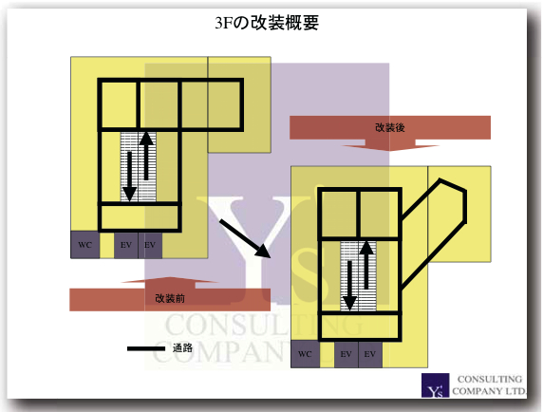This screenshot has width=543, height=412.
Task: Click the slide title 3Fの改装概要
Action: pos(267,23)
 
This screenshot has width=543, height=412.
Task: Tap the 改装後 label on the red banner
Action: pos(390,127)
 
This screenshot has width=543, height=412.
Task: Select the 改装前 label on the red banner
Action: pos(170,298)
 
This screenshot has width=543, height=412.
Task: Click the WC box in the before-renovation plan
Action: pos(84,245)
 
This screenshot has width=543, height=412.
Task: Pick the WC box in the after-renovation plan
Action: pos(305,354)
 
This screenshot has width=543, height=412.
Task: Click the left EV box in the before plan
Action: pos(126,245)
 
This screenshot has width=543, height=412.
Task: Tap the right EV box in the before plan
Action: pos(150,245)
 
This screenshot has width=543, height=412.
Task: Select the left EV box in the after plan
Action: pos(346,354)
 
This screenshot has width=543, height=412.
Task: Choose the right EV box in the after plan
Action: pos(370,354)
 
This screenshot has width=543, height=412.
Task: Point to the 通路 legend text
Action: pos(182,348)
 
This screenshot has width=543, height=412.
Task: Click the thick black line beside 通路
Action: pos(146,348)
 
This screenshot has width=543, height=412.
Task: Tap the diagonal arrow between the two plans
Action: pos(245,238)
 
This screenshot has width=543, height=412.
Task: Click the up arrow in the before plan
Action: pos(146,156)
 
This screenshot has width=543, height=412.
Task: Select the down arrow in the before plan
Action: pos(129,177)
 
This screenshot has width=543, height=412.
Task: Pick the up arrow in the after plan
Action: pos(366,265)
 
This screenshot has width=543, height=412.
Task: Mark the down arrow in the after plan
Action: pos(349,286)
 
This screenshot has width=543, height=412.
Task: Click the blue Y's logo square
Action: pos(436,385)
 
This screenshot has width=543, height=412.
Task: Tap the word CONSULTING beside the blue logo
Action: pos(490,379)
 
